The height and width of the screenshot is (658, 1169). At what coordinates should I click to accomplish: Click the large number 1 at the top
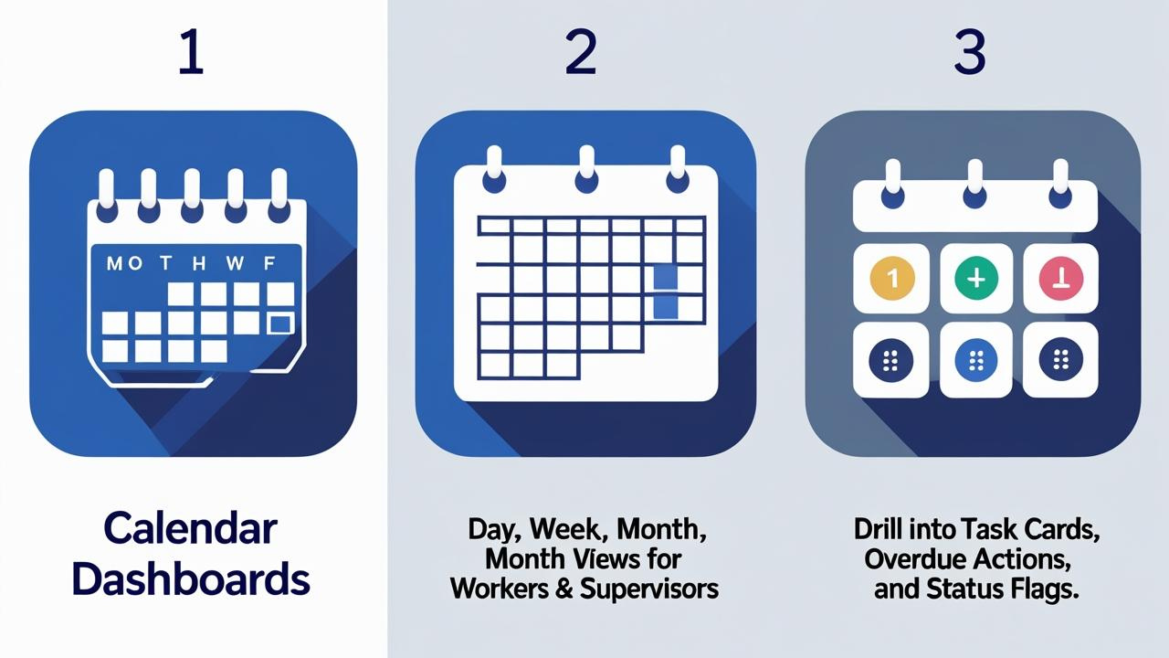pyautogui.click(x=191, y=51)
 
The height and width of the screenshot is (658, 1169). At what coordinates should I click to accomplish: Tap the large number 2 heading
pyautogui.click(x=580, y=51)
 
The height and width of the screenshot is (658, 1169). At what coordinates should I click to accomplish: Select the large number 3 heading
pyautogui.click(x=970, y=51)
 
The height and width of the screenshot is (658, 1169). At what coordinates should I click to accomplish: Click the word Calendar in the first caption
pyautogui.click(x=191, y=528)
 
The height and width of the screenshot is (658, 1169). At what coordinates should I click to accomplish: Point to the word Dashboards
pyautogui.click(x=191, y=578)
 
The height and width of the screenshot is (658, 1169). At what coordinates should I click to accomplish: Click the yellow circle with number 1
pyautogui.click(x=892, y=278)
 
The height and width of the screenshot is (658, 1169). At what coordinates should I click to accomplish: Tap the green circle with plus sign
pyautogui.click(x=976, y=278)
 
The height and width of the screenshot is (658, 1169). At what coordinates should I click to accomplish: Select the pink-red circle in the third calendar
pyautogui.click(x=1061, y=278)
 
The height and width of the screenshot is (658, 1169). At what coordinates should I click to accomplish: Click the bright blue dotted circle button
pyautogui.click(x=976, y=360)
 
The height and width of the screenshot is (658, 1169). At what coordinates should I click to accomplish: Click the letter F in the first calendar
pyautogui.click(x=269, y=263)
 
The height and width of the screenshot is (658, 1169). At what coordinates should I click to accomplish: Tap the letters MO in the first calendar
pyautogui.click(x=124, y=263)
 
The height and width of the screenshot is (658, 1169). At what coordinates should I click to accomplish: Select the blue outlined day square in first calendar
pyautogui.click(x=280, y=324)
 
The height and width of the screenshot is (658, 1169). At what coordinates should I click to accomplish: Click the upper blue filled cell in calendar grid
pyautogui.click(x=666, y=277)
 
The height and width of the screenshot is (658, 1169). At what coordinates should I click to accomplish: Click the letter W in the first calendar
pyautogui.click(x=235, y=263)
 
